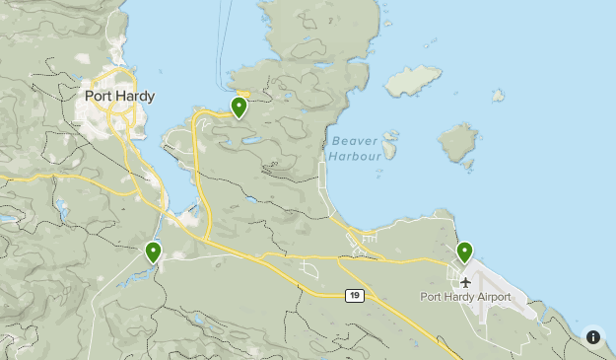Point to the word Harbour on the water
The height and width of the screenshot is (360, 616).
(355, 156)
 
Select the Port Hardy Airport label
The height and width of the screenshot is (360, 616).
(465, 297)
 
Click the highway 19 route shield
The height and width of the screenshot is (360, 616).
(354, 295)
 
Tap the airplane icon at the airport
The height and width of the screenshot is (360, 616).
(466, 282)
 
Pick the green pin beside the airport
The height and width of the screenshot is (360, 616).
(464, 252)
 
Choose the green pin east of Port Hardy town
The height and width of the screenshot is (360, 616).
(240, 107)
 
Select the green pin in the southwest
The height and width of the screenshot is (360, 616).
(153, 252)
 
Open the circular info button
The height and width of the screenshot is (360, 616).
(593, 337)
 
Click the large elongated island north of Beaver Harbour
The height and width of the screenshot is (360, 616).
(413, 80)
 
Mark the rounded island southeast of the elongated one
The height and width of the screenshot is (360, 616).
(457, 143)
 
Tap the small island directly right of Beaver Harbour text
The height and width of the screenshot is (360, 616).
(389, 149)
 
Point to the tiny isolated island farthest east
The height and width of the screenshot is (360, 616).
(498, 96)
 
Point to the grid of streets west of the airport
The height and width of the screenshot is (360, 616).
(368, 240)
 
